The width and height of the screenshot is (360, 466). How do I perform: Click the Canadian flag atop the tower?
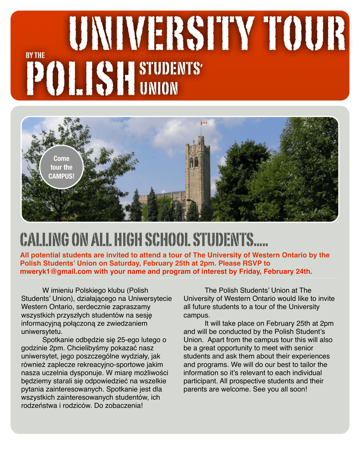203,123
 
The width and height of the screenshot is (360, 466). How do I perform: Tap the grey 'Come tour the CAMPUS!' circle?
61,167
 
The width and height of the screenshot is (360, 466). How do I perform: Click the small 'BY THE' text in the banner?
35,55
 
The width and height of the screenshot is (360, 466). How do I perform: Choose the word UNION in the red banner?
158,88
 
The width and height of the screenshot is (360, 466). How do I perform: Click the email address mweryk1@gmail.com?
56,272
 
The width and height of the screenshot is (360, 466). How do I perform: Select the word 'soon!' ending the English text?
298,390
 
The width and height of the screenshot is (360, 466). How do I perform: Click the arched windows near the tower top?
194,162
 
